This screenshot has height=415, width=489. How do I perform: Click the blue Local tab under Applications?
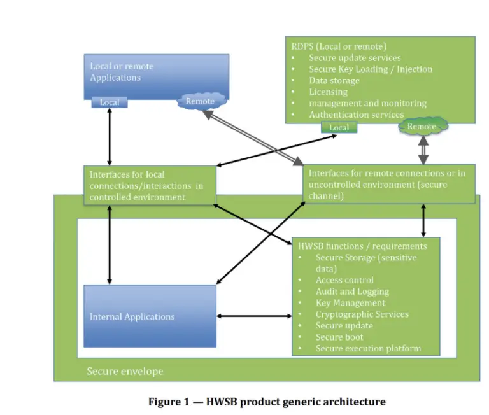(110, 102)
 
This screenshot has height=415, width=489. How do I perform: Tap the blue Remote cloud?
(201, 101)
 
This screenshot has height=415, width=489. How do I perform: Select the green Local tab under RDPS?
(339, 127)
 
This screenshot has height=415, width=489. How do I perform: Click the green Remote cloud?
(423, 126)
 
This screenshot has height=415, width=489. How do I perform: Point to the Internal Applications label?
(132, 317)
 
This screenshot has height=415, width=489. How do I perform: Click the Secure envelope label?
(125, 371)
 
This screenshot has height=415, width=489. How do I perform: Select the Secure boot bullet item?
(339, 337)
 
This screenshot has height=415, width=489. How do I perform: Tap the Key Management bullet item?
(351, 303)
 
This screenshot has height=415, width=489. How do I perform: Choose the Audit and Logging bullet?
(352, 292)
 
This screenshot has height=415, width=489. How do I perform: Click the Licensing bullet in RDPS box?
(328, 92)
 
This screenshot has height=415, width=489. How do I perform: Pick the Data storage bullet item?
(334, 80)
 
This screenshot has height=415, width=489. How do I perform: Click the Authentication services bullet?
(357, 115)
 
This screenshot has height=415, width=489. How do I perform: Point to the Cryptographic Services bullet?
(362, 314)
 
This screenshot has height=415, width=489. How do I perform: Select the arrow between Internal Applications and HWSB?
(254, 316)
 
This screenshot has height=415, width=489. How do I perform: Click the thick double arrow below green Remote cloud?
(423, 150)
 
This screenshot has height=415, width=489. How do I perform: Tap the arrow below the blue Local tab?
(110, 137)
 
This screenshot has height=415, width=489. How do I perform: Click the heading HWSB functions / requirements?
(362, 246)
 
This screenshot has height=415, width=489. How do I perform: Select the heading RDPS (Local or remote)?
(339, 46)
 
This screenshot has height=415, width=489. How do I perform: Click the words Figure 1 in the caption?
(169, 402)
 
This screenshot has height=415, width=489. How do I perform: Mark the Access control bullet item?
(344, 280)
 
